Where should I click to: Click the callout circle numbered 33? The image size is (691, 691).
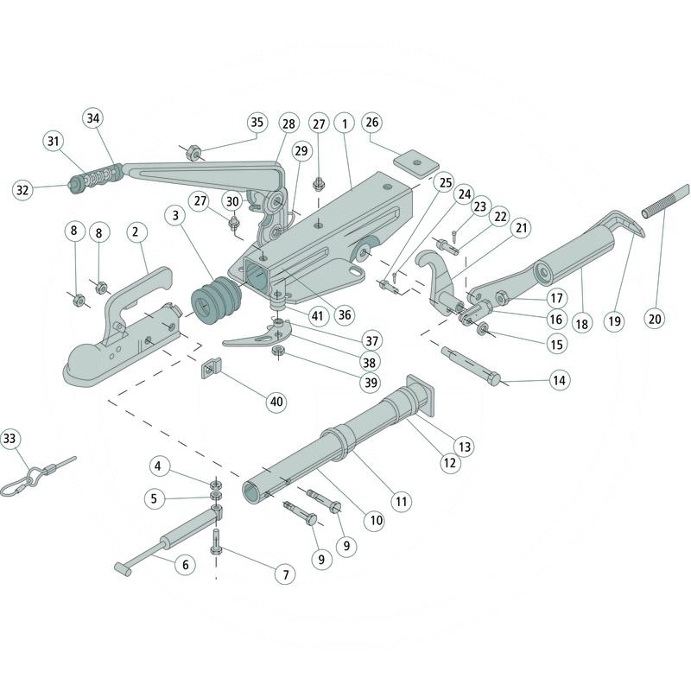tap(10, 438)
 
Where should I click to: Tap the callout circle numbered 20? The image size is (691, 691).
tap(655, 319)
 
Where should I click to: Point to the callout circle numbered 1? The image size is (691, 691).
tap(344, 123)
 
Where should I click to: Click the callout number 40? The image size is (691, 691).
tap(275, 402)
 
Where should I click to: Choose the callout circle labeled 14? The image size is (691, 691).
tap(560, 379)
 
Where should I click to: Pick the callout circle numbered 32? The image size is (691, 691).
tap(22, 189)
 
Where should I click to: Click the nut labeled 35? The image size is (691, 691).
tap(193, 153)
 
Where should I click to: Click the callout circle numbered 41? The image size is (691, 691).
tap(317, 316)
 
